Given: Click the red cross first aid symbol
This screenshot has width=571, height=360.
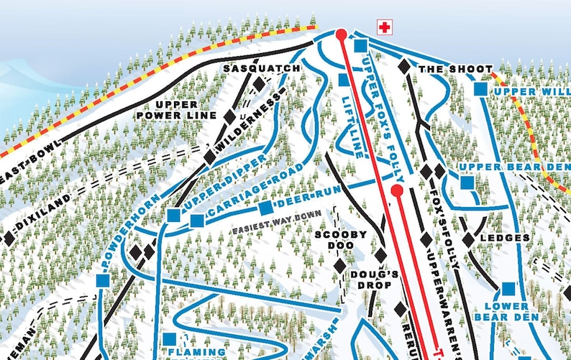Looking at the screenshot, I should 385,27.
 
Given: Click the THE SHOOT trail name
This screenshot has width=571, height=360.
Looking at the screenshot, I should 446,69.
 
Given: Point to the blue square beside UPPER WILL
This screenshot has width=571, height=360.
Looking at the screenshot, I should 481,90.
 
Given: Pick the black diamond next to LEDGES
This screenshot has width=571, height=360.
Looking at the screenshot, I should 469,239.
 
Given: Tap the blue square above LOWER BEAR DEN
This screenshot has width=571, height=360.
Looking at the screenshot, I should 508,289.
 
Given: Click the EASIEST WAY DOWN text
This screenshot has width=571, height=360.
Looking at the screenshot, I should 276,230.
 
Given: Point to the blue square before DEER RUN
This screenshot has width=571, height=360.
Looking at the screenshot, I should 265,208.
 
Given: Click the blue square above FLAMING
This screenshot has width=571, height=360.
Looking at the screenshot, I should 170,338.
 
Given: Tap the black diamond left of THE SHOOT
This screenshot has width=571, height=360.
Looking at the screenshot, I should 405,66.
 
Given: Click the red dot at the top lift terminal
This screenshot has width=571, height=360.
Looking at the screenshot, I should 341,34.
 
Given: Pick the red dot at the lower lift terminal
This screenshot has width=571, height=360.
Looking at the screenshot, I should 396,190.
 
